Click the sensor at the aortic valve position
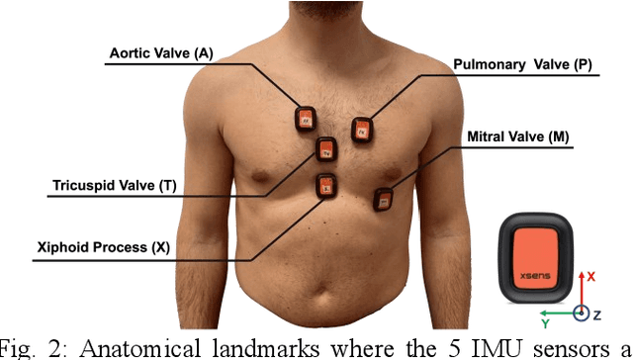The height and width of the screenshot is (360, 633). pos(305,119)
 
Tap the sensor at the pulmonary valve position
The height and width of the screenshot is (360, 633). pos(362,128)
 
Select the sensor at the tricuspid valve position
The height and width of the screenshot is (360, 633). pos(325,150)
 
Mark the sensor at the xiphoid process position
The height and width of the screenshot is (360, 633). pos(324,185)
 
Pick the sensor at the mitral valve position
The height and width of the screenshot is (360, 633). pos(383,198)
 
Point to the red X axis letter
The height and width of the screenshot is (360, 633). pos(590,278)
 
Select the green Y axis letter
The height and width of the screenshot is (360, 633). pos(545,322)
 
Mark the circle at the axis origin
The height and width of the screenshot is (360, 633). pos(583,314)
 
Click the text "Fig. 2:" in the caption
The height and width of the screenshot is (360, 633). pos(28,347)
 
